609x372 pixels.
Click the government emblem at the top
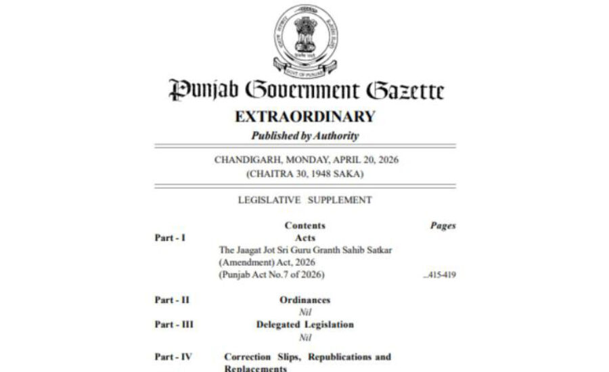click(x=304, y=39)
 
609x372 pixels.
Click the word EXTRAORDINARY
click(x=304, y=116)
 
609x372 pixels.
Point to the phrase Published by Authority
click(x=304, y=136)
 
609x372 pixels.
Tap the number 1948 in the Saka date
click(x=321, y=174)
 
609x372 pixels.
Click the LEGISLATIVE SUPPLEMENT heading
click(x=304, y=200)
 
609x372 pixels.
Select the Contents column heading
click(x=304, y=225)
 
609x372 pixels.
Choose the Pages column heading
click(x=443, y=225)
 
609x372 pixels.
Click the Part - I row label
click(x=170, y=237)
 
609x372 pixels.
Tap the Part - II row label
click(x=171, y=300)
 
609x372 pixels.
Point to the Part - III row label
click(x=173, y=325)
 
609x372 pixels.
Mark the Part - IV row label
click(x=173, y=356)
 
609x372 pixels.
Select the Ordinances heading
click(x=304, y=300)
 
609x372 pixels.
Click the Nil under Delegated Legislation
click(x=304, y=337)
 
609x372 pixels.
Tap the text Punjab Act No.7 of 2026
click(x=271, y=275)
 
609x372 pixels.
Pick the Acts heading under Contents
click(x=304, y=237)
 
